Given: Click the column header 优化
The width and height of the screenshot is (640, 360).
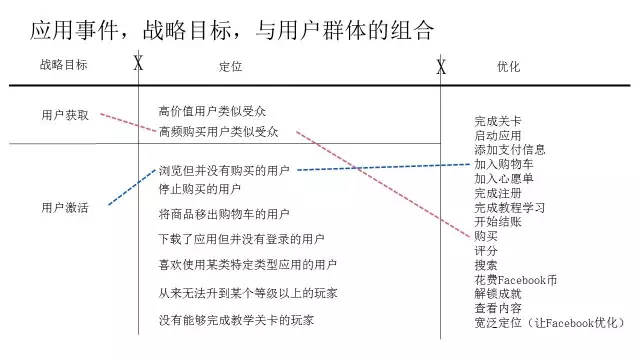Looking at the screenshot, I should click(508, 66).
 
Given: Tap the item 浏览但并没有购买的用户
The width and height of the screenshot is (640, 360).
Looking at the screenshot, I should click(224, 171).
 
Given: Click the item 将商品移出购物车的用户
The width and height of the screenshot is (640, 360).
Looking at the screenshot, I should click(224, 214).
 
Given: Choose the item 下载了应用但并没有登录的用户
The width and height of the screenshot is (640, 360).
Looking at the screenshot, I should click(242, 240).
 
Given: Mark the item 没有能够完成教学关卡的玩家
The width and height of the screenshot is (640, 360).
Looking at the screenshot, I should click(236, 321).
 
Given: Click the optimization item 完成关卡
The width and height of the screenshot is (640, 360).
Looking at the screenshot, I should click(498, 121).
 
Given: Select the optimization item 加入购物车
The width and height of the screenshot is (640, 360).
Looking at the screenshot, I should click(504, 164).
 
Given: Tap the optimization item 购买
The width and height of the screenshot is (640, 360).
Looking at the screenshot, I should click(486, 236).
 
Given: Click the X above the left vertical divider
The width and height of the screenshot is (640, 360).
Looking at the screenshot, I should click(138, 65).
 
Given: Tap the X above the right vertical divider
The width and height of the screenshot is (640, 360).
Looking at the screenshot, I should click(440, 66).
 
